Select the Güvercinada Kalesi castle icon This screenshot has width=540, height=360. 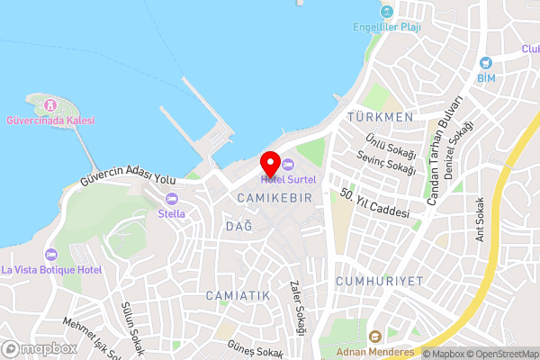pyautogui.click(x=51, y=104)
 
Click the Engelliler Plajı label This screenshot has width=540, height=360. pyautogui.click(x=387, y=27)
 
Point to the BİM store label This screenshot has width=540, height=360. pyautogui.click(x=487, y=77)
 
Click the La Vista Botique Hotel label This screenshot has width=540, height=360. pyautogui.click(x=51, y=269)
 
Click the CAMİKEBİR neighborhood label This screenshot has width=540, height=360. pyautogui.click(x=274, y=196)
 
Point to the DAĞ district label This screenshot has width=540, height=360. pyautogui.click(x=238, y=224)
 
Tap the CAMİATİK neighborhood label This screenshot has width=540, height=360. pyautogui.click(x=238, y=295)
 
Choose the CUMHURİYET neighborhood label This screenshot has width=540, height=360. pyautogui.click(x=379, y=281)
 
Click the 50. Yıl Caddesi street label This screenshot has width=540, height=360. pyautogui.click(x=375, y=204)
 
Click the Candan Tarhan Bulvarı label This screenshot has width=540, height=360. pyautogui.click(x=445, y=148)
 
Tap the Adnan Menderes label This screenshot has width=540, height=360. pyautogui.click(x=375, y=352)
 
